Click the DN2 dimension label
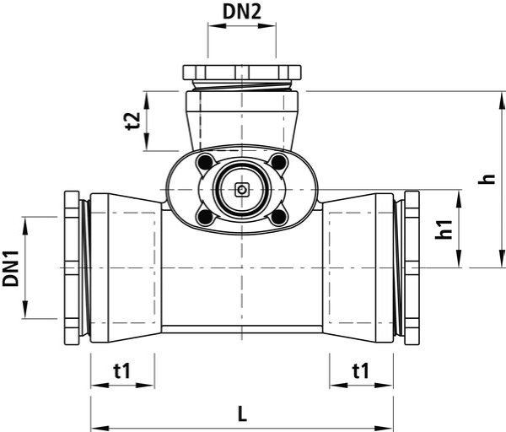click(x=242, y=12)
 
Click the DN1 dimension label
click(x=11, y=268)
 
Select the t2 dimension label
click(x=133, y=121)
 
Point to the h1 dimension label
click(x=444, y=229)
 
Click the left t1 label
click(x=122, y=370)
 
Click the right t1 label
click(x=361, y=370)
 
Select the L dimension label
click(x=242, y=414)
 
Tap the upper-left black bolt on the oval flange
click(x=206, y=162)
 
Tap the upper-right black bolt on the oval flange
click(x=278, y=162)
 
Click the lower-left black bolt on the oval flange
click(x=206, y=218)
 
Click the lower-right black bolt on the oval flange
click(x=278, y=218)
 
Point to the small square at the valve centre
click(x=242, y=190)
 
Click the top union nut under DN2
click(x=242, y=73)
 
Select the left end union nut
click(x=72, y=268)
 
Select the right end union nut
click(x=412, y=268)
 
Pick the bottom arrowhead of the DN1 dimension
click(x=25, y=310)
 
